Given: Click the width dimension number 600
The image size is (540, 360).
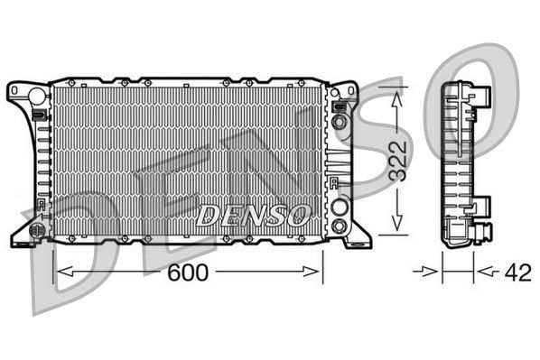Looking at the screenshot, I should (x=189, y=272).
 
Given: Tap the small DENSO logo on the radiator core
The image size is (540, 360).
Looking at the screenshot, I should (x=254, y=215).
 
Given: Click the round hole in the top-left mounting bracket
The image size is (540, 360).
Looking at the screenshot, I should (x=35, y=94).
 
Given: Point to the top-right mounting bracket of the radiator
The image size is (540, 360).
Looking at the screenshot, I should (x=344, y=94).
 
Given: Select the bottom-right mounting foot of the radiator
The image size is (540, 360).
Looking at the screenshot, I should (x=354, y=236).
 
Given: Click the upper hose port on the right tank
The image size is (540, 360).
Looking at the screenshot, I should (x=340, y=121).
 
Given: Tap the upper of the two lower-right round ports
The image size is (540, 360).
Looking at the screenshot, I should (x=340, y=206).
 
